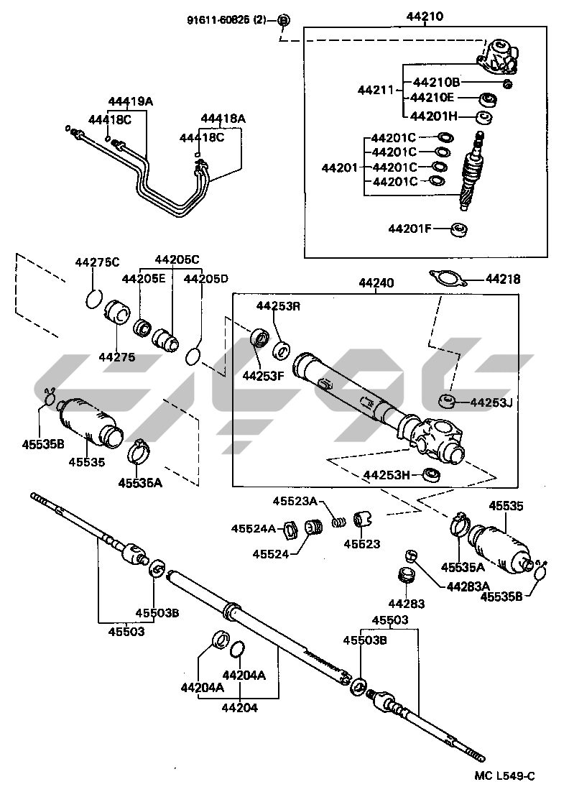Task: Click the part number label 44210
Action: (425, 16)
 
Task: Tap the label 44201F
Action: (410, 229)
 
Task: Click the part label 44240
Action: (376, 283)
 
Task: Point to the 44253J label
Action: (491, 402)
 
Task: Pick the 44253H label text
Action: (387, 475)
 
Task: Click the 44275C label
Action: (98, 262)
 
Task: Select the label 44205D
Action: (205, 278)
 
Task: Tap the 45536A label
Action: (140, 483)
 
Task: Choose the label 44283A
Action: (468, 586)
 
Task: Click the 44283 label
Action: (407, 603)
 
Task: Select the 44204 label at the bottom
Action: (239, 708)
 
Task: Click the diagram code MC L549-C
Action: (504, 776)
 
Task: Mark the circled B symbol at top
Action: (284, 20)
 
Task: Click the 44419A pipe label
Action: (131, 101)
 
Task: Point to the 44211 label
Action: (376, 90)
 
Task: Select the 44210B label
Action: (436, 82)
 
